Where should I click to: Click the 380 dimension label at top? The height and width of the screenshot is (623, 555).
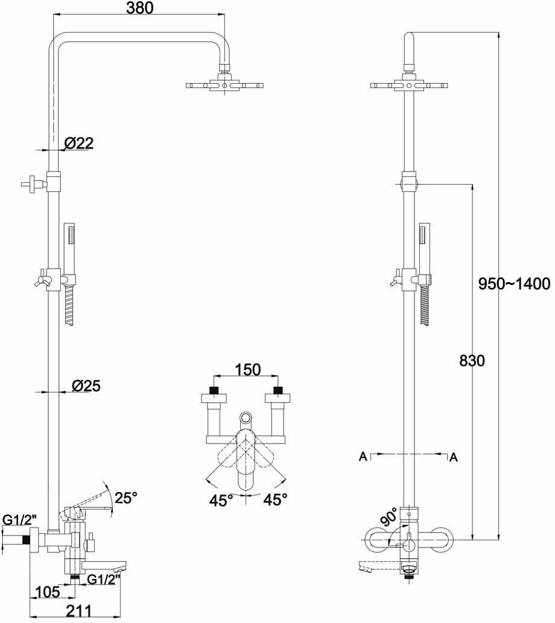click(x=139, y=8)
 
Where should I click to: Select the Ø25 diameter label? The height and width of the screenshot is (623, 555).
click(x=86, y=385)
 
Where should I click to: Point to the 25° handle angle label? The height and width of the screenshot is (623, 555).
click(x=126, y=497)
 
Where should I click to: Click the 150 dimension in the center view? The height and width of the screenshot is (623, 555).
click(x=247, y=369)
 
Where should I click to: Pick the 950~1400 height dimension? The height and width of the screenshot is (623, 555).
click(x=514, y=283)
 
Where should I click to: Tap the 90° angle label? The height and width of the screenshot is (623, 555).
click(x=390, y=516)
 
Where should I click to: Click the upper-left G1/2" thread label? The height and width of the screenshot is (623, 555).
click(x=20, y=519)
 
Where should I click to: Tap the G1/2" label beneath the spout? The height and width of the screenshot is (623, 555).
click(x=103, y=579)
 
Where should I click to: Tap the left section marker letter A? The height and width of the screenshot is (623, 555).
click(x=363, y=457)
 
